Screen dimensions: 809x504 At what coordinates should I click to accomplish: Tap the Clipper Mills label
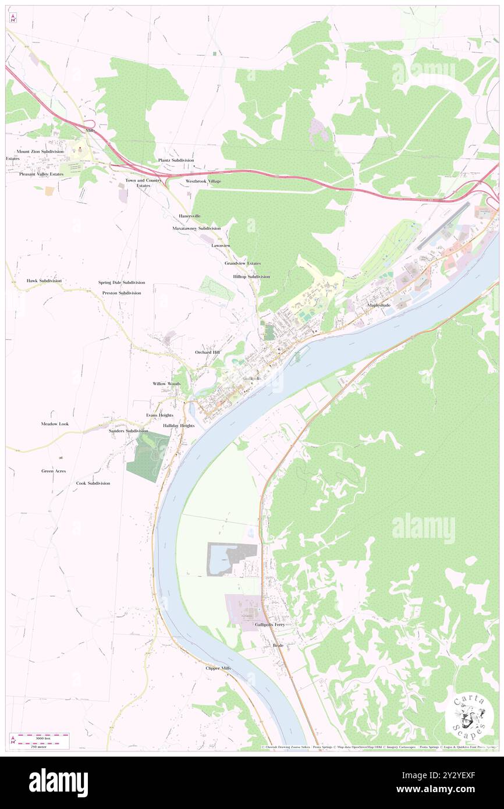218,668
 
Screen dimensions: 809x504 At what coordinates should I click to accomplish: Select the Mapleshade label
379,305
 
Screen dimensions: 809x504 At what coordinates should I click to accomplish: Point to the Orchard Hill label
208,353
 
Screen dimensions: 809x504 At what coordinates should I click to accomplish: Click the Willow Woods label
166,384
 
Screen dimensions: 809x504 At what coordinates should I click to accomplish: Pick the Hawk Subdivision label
44,281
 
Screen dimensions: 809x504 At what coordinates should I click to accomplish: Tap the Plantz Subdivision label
176,160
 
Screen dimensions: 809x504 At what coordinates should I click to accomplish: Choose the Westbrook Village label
203,182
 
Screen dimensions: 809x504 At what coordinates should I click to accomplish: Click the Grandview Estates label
243,263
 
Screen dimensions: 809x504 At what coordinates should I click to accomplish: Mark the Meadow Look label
55,424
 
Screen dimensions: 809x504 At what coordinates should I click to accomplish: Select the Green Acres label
54,471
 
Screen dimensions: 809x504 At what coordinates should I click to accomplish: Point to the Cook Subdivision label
93,484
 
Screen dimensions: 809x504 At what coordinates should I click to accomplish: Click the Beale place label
278,646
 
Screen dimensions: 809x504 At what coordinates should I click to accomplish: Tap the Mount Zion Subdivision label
40,151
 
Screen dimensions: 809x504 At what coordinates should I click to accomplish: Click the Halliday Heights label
179,426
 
